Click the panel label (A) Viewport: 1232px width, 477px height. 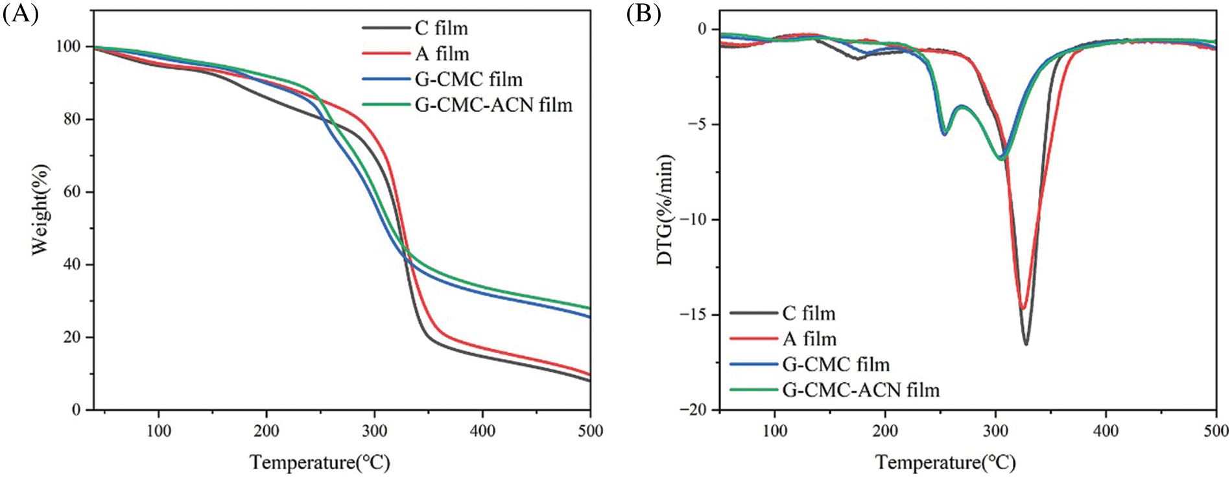point(21,13)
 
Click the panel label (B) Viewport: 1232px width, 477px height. point(643,13)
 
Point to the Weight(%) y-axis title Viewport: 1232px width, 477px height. point(40,209)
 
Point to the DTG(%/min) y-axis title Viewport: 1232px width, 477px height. point(665,210)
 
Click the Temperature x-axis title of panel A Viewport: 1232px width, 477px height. point(320,462)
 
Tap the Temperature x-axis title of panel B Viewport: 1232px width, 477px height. point(945,462)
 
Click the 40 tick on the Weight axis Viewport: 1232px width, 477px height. point(73,264)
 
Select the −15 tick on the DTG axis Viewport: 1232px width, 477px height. point(693,315)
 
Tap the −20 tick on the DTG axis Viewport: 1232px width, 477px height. point(693,410)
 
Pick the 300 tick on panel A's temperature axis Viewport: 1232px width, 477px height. point(374,431)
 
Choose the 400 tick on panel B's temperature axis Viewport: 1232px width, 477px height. point(1106,431)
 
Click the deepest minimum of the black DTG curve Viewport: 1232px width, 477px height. point(1026,343)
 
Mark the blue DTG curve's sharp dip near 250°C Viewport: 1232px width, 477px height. point(944,134)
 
